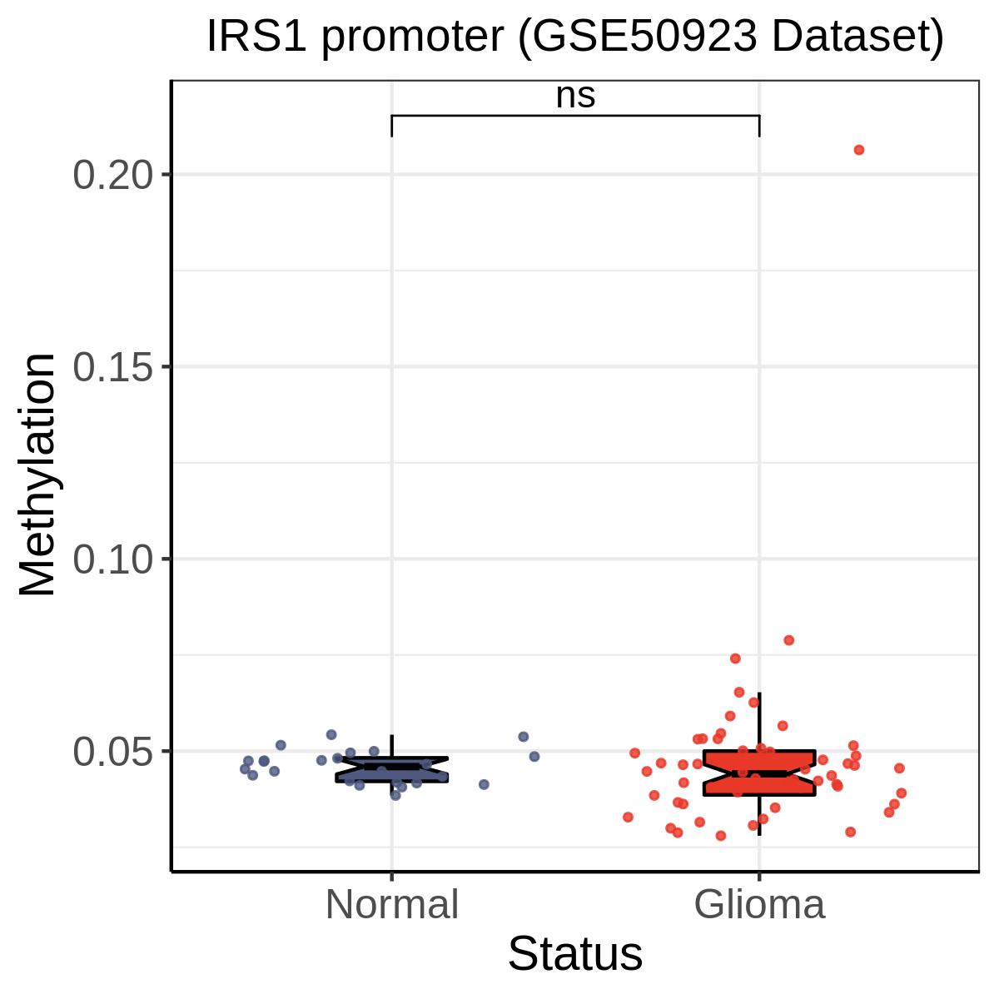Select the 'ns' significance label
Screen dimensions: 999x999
click(575, 97)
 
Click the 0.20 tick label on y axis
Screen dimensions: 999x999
click(113, 175)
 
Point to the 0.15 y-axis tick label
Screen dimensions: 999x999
click(113, 368)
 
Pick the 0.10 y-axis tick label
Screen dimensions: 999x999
click(113, 559)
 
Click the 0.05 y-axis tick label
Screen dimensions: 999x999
click(113, 752)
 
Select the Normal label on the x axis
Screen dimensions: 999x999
click(392, 905)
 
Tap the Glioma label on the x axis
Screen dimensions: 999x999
click(759, 905)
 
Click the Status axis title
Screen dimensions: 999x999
click(575, 954)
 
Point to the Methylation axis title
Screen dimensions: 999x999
click(37, 475)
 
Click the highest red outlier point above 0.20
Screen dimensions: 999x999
click(859, 151)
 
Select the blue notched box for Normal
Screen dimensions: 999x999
click(392, 770)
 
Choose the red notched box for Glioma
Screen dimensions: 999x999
click(759, 773)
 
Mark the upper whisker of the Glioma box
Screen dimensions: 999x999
click(759, 721)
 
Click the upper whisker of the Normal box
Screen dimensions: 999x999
click(392, 746)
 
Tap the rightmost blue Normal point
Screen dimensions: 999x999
click(534, 757)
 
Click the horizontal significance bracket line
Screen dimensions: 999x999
click(575, 116)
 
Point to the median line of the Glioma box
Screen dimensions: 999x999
click(759, 774)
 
